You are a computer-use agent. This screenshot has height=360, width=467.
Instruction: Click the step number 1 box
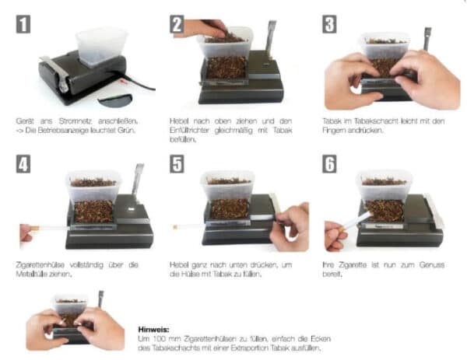[23, 24]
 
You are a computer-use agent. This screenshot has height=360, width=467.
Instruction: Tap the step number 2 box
[177, 24]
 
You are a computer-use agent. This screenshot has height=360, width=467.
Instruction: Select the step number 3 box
[329, 24]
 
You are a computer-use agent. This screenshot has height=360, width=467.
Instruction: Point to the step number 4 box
[23, 164]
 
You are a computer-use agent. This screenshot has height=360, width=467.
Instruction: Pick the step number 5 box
[177, 164]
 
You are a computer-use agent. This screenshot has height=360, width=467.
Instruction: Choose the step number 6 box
[329, 164]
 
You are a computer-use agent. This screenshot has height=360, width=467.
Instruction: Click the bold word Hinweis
[153, 330]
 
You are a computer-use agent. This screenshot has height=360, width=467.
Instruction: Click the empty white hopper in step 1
[101, 46]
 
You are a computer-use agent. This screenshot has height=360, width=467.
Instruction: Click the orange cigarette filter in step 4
[35, 229]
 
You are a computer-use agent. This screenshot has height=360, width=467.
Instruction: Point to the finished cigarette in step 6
[356, 221]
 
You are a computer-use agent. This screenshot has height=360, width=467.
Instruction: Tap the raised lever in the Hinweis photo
[101, 299]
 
